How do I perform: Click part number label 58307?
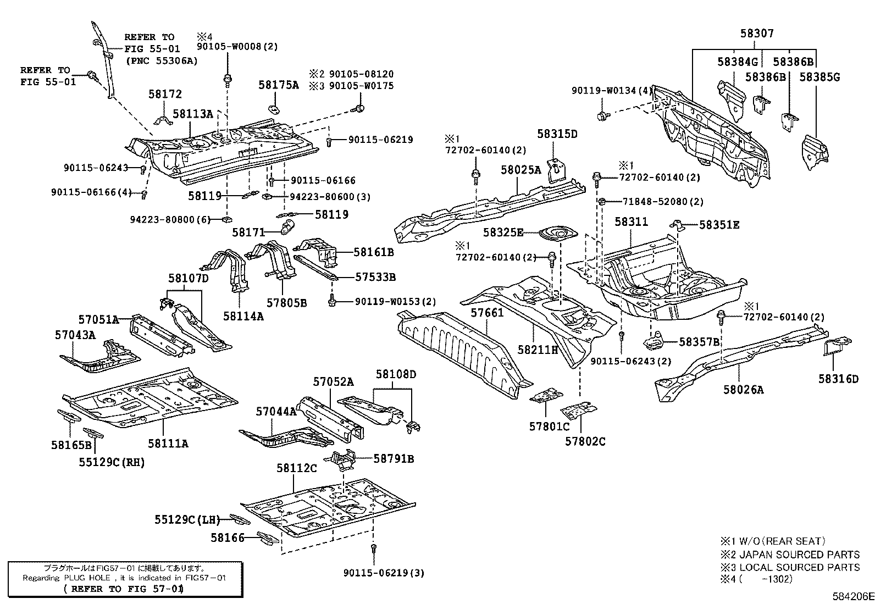756,34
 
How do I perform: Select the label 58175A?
279,85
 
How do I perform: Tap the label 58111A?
168,443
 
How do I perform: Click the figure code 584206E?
852,596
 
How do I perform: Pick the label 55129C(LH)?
187,519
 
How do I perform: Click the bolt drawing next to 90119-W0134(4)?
603,115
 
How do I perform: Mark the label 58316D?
838,379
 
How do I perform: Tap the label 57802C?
585,441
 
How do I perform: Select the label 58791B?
394,458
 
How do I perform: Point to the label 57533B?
375,277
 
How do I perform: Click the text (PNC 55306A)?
161,61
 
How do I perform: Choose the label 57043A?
75,335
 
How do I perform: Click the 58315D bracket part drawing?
557,171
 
